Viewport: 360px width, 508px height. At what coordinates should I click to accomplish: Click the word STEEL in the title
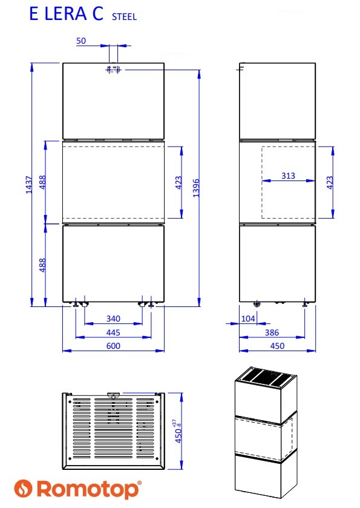point(124,16)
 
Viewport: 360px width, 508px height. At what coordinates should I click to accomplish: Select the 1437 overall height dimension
point(29,185)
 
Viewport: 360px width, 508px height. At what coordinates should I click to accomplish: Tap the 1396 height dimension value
point(196,188)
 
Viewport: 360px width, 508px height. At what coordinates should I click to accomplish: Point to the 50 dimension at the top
point(81,41)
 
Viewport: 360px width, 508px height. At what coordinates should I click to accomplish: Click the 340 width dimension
point(113,319)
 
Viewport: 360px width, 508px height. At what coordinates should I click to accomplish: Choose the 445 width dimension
point(113,332)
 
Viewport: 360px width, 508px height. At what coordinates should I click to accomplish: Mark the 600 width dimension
point(113,346)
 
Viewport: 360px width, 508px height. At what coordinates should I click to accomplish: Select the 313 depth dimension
point(288,176)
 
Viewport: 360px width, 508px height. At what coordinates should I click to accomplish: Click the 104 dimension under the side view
point(248,319)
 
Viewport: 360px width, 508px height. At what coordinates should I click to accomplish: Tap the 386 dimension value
point(272,332)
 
